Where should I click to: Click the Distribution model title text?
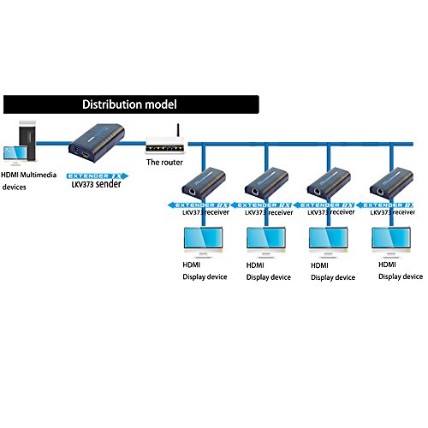(x=128, y=105)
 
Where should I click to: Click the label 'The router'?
(x=164, y=162)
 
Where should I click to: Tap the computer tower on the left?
(x=27, y=139)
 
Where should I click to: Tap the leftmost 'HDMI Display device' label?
(x=204, y=271)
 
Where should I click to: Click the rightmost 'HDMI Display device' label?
(x=400, y=271)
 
